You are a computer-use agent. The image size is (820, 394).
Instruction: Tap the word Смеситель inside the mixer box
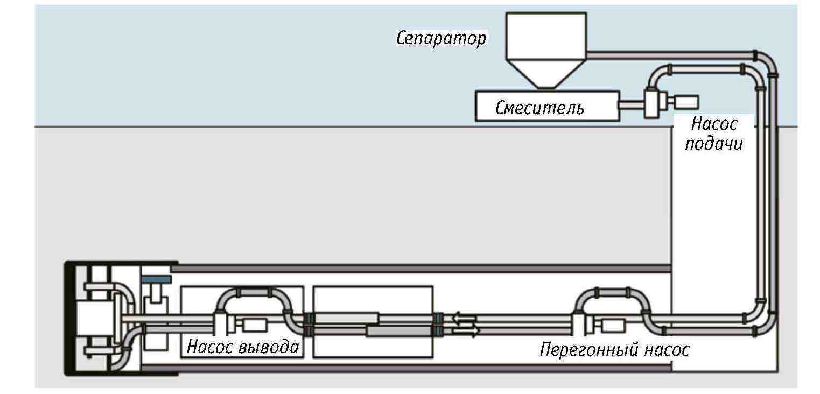pos(539,108)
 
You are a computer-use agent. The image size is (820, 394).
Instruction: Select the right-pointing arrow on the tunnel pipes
pos(465,332)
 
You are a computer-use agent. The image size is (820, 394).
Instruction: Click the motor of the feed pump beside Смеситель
pos(686,102)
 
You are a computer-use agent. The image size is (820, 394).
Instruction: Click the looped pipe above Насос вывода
pos(253,293)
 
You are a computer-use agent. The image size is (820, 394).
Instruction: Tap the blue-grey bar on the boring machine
pos(157,279)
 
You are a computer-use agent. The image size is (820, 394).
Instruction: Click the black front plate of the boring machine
pos(71,318)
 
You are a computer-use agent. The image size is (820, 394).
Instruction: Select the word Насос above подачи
pos(714,124)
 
